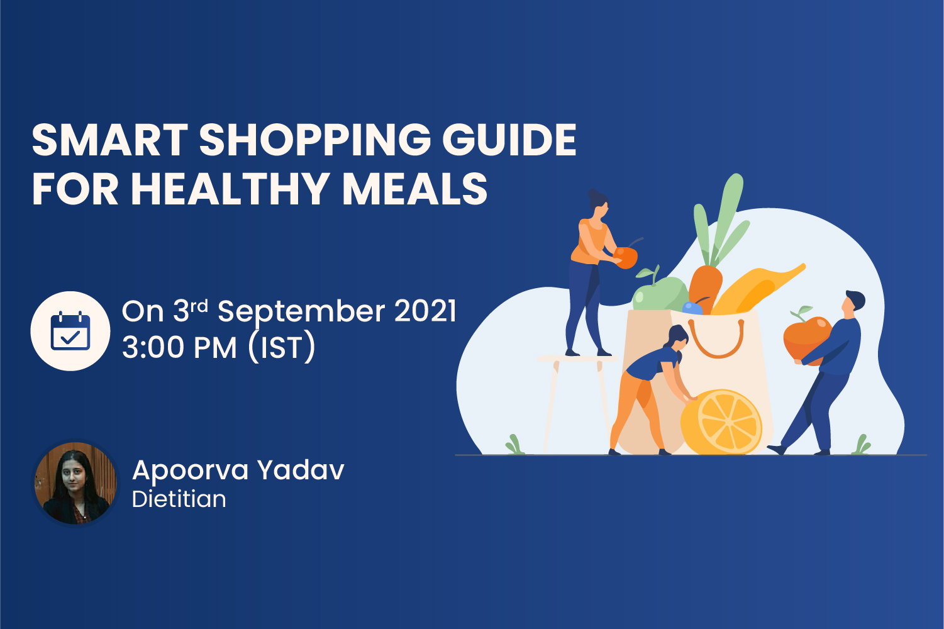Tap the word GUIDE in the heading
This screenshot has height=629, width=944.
[x=509, y=140]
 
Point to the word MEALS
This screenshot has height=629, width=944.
[x=415, y=189]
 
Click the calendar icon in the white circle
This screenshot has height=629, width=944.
[x=70, y=331]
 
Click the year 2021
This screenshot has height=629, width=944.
[x=425, y=311]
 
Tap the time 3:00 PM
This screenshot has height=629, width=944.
[x=179, y=348]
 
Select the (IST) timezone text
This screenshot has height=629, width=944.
[x=282, y=347]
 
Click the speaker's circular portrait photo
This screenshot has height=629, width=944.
[x=75, y=483]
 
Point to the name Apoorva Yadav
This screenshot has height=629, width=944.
[x=238, y=470]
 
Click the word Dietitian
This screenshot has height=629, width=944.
[x=179, y=499]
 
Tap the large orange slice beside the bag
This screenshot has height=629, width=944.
[x=721, y=421]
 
